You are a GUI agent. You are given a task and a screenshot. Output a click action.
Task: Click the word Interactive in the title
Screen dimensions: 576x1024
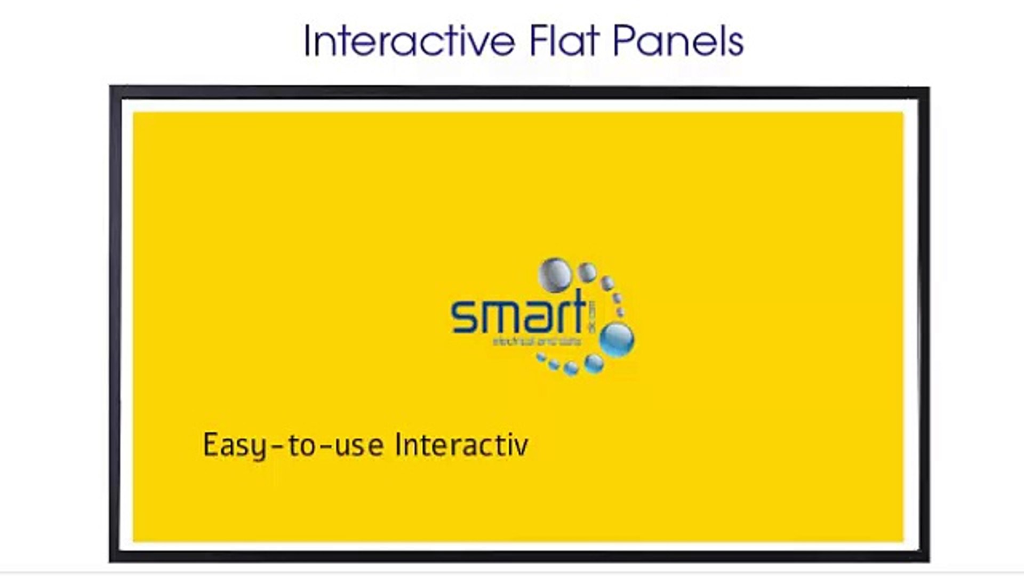tap(410, 41)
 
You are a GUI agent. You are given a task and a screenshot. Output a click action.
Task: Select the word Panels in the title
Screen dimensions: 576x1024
tap(678, 41)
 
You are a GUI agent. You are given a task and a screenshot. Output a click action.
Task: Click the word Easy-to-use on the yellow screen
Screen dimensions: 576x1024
tap(293, 446)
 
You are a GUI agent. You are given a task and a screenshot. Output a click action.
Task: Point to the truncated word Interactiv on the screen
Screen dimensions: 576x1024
tap(462, 445)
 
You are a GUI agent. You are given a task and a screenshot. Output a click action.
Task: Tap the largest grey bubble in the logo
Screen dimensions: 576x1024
tap(555, 273)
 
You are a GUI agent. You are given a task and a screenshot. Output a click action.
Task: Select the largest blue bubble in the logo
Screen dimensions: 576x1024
tap(617, 339)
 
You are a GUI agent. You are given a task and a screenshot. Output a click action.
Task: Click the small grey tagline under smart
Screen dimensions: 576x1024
tap(537, 341)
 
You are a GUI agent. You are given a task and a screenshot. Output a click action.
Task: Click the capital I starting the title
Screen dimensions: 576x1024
tap(307, 41)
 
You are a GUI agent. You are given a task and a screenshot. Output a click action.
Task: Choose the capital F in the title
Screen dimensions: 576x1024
tap(538, 41)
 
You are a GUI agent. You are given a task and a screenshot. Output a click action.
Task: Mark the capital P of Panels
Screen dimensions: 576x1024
tap(622, 41)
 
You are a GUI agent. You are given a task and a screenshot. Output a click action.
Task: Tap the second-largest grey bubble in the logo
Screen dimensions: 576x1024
tap(587, 272)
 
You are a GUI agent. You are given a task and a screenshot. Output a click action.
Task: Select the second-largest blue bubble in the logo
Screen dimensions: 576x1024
tap(594, 364)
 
